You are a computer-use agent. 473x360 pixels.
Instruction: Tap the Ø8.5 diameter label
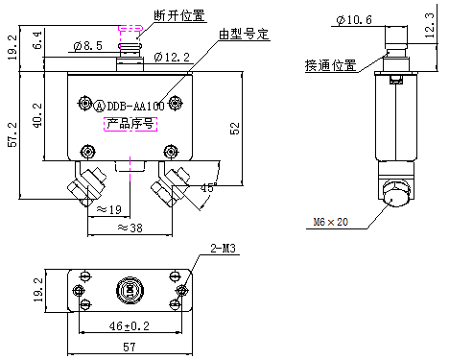87,45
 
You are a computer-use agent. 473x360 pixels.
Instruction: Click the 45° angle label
208,186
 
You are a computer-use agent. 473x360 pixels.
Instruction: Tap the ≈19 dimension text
107,209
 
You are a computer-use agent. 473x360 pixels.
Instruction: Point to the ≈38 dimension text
131,228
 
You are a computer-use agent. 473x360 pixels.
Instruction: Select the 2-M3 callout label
224,250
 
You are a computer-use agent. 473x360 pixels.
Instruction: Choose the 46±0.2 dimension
128,326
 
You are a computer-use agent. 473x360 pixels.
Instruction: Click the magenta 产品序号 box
129,124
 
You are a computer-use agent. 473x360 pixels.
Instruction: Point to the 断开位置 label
177,16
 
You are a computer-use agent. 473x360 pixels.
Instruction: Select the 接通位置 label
331,65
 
